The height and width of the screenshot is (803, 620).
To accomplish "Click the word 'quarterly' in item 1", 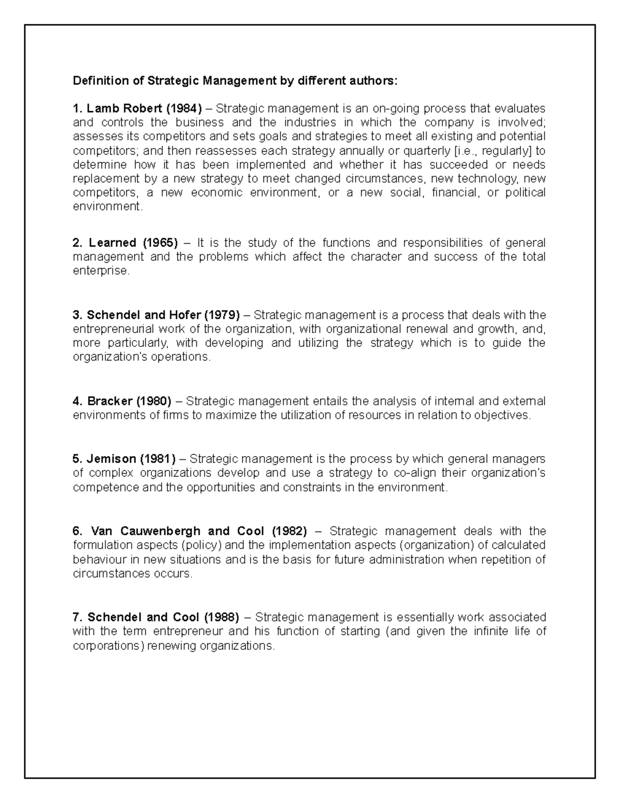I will tap(429, 151).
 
